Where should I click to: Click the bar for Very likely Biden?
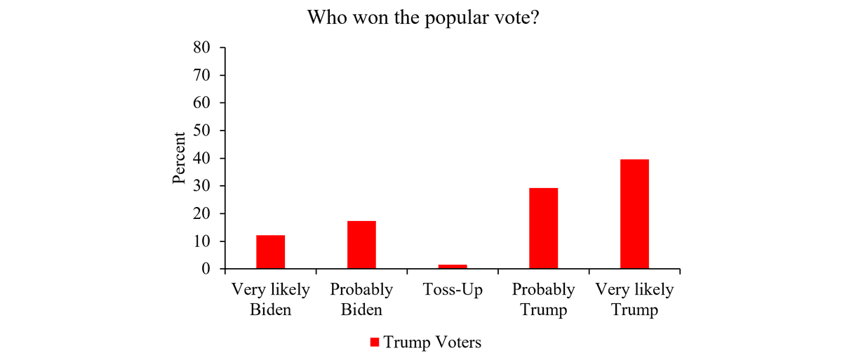coord(270,252)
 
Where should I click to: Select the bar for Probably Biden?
coord(361,245)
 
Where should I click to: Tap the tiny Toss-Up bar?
coord(453,267)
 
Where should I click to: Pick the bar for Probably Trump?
coord(543,228)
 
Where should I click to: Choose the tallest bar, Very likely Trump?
coord(634,214)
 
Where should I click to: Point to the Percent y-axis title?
coord(180,158)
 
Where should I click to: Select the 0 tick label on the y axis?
coord(206,269)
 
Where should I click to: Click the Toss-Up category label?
coord(453,290)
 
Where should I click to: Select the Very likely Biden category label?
coord(270,300)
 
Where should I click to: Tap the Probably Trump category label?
coord(543,300)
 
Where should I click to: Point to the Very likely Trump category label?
coord(634,300)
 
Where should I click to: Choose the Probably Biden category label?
coord(361,300)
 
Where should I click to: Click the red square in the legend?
coord(375,342)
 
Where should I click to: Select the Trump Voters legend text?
coord(432,342)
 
